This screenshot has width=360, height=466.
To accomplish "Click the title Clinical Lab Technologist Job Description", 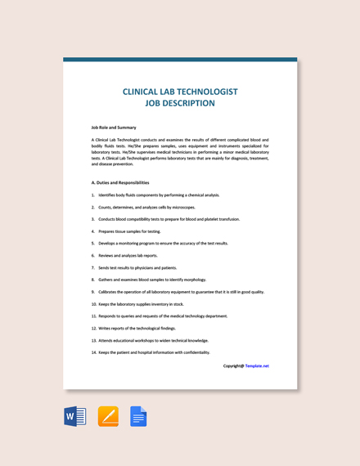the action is (180, 97).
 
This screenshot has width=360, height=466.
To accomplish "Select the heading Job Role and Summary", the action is (114, 128).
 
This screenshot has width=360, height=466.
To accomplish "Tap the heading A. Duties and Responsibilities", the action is (120, 182).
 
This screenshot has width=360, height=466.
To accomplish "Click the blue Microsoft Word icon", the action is (75, 416).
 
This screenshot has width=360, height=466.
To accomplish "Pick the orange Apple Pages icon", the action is (108, 416).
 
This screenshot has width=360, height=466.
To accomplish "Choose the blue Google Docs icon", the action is (138, 416).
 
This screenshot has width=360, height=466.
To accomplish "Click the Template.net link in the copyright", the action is (257, 365).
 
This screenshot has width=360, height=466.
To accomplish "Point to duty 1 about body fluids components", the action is (158, 195).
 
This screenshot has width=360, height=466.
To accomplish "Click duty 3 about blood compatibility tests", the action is (168, 219).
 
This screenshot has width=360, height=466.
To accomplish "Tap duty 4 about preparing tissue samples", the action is (129, 231).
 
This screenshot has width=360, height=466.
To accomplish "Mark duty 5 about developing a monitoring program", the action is (162, 243).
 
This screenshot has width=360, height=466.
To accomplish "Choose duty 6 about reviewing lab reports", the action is (128, 255).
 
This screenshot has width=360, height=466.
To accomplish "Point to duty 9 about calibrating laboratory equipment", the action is (180, 292).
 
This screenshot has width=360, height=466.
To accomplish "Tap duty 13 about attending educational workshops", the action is (152, 340).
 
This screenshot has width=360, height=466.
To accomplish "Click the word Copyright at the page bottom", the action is (233, 365).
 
